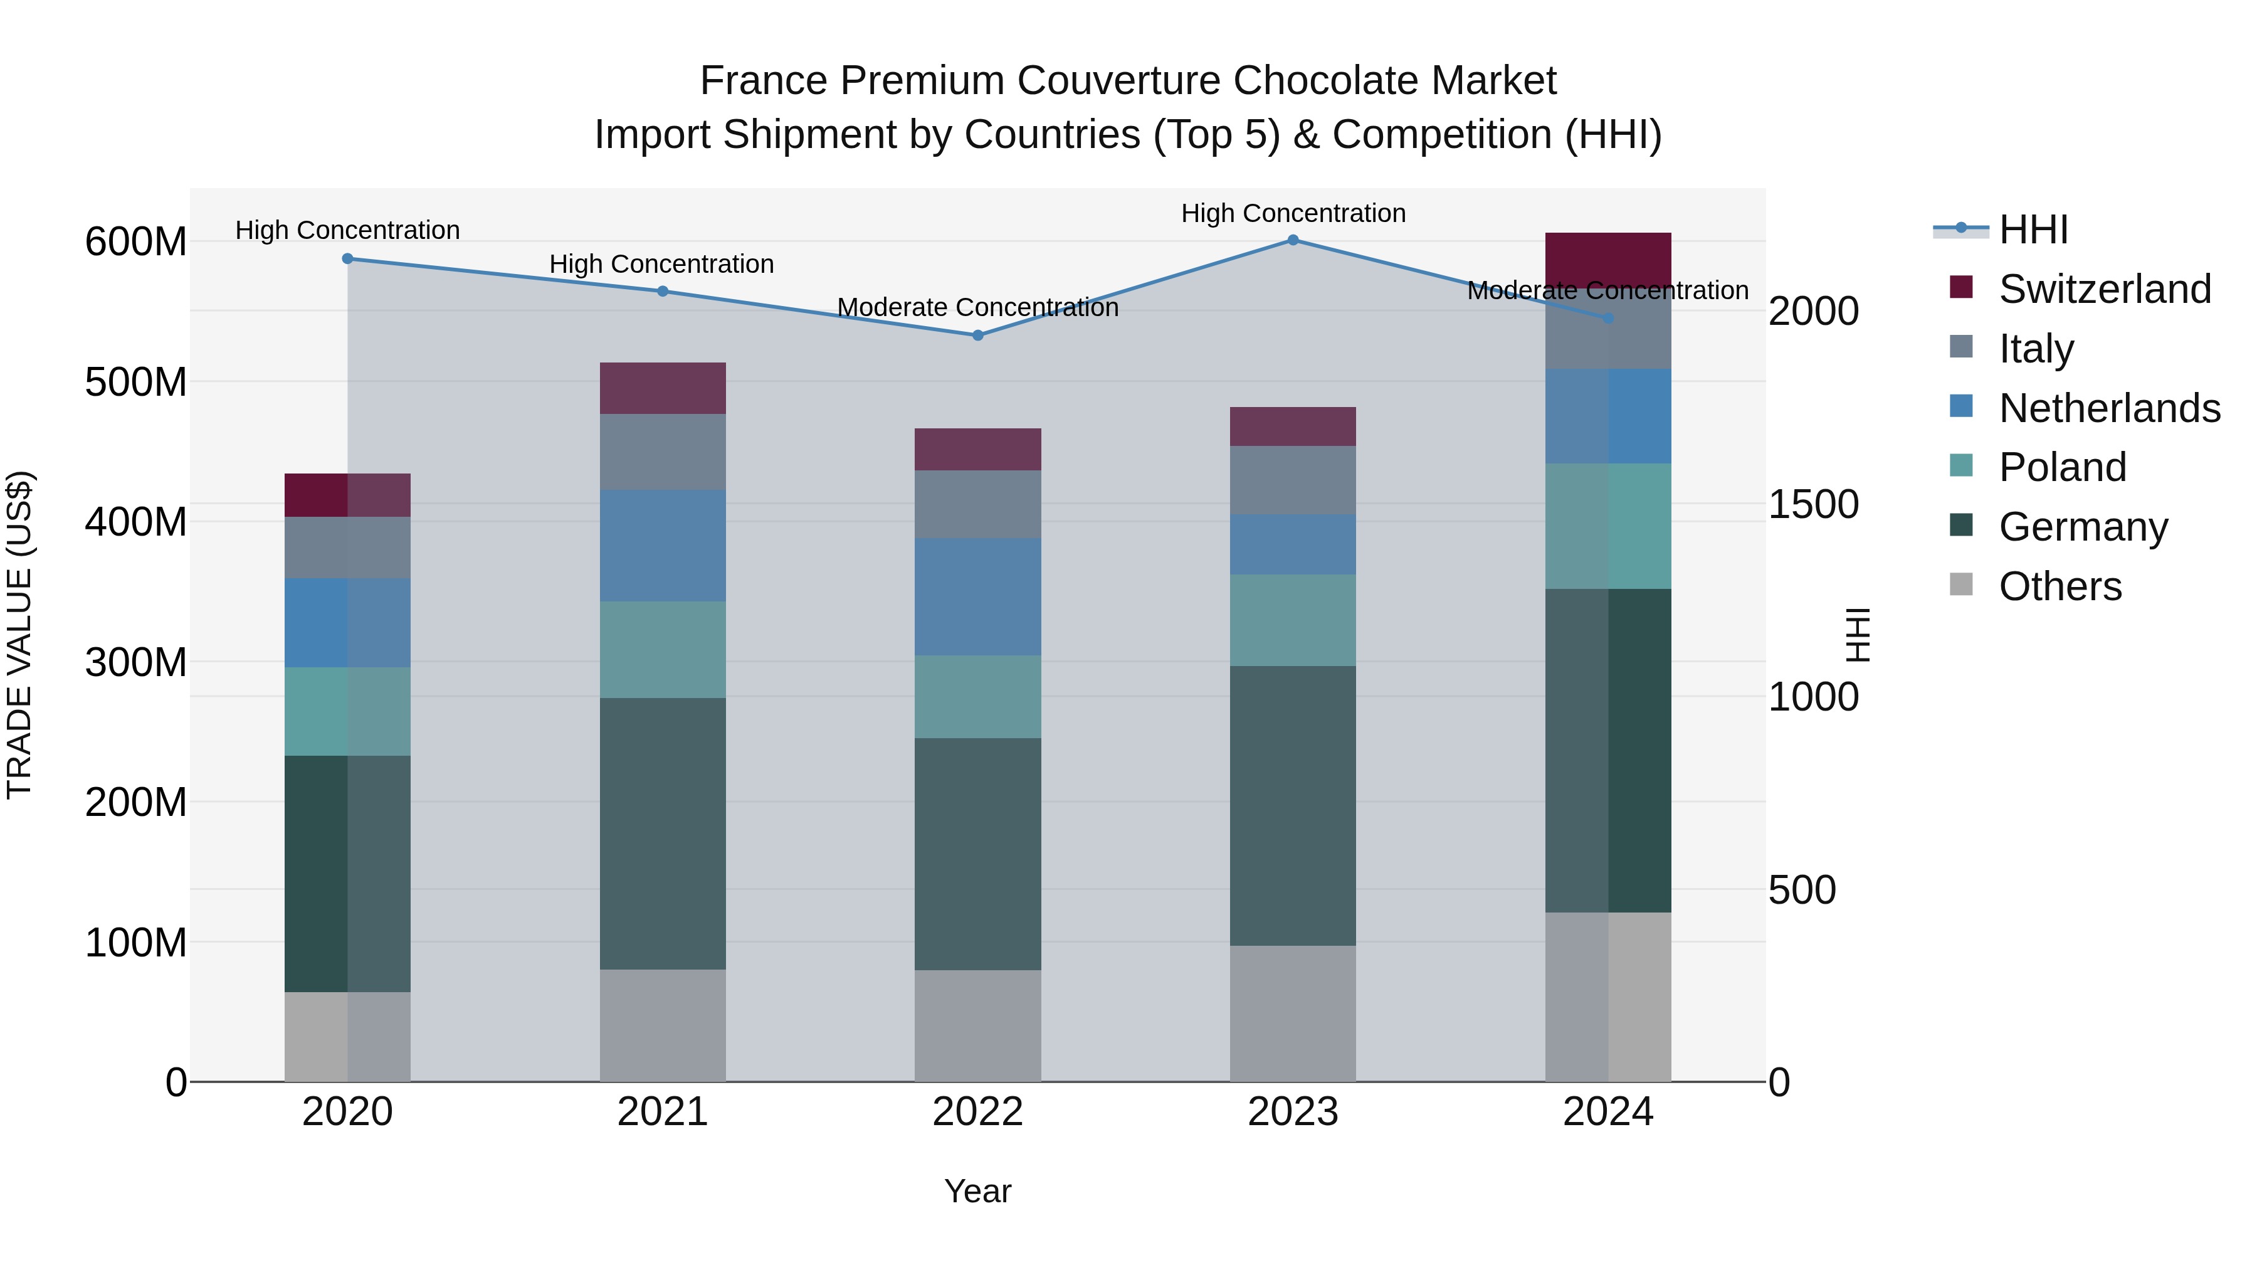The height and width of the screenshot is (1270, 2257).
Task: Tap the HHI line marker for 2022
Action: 978,335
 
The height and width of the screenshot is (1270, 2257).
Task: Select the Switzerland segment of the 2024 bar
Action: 1607,258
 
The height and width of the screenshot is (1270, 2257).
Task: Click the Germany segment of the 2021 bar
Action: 663,833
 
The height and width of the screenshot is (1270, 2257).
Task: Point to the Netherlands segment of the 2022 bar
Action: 978,596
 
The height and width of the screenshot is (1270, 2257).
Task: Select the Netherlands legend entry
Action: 2109,408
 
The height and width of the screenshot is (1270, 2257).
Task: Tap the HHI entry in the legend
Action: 2033,230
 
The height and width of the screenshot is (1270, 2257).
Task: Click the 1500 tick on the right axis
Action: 1812,505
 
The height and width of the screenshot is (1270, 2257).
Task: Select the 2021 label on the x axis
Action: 663,1112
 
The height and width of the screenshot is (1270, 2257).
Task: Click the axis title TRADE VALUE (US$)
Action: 19,635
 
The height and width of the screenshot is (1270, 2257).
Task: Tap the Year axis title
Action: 978,1191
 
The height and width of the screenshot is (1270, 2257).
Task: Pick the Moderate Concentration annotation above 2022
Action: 978,308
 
